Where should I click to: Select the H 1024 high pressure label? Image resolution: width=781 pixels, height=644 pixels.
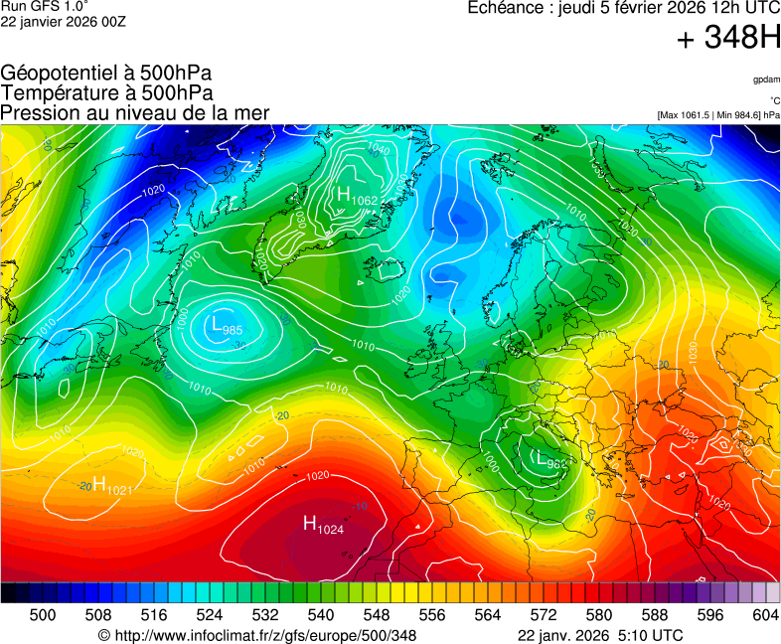point(323,525)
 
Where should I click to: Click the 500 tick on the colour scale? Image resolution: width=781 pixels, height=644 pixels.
point(43,615)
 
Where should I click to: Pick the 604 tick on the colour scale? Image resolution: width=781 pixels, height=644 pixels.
point(765,615)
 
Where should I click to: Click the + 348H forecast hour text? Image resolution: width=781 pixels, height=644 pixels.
point(727,39)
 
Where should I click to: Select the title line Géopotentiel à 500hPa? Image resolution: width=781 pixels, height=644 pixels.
point(106,74)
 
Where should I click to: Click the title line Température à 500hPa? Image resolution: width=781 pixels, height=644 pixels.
point(106,92)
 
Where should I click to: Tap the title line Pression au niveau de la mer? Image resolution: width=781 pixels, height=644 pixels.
point(135,112)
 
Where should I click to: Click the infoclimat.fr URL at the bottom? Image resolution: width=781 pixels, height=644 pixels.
point(256,635)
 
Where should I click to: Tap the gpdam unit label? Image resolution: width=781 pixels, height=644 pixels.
point(765,79)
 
